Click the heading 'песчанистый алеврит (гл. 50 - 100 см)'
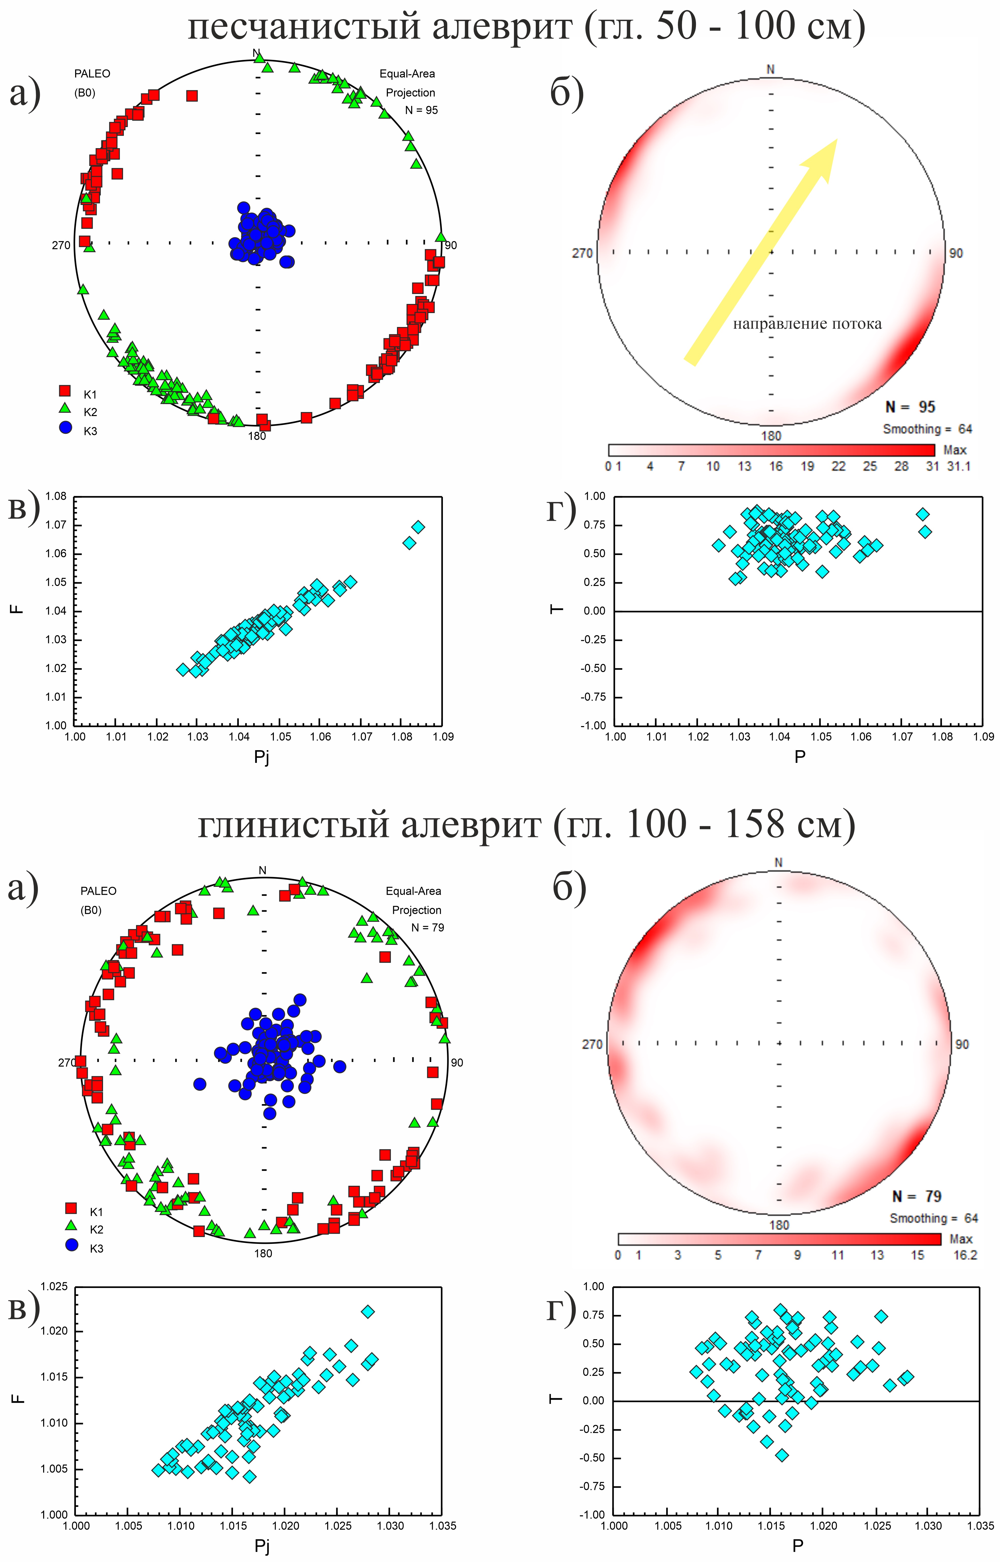526,27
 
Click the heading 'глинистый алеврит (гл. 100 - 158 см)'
526,825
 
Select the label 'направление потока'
807,324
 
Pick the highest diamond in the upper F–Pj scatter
418,526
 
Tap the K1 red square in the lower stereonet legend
71,1208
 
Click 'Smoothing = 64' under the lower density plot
933,1218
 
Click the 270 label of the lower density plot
592,1044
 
